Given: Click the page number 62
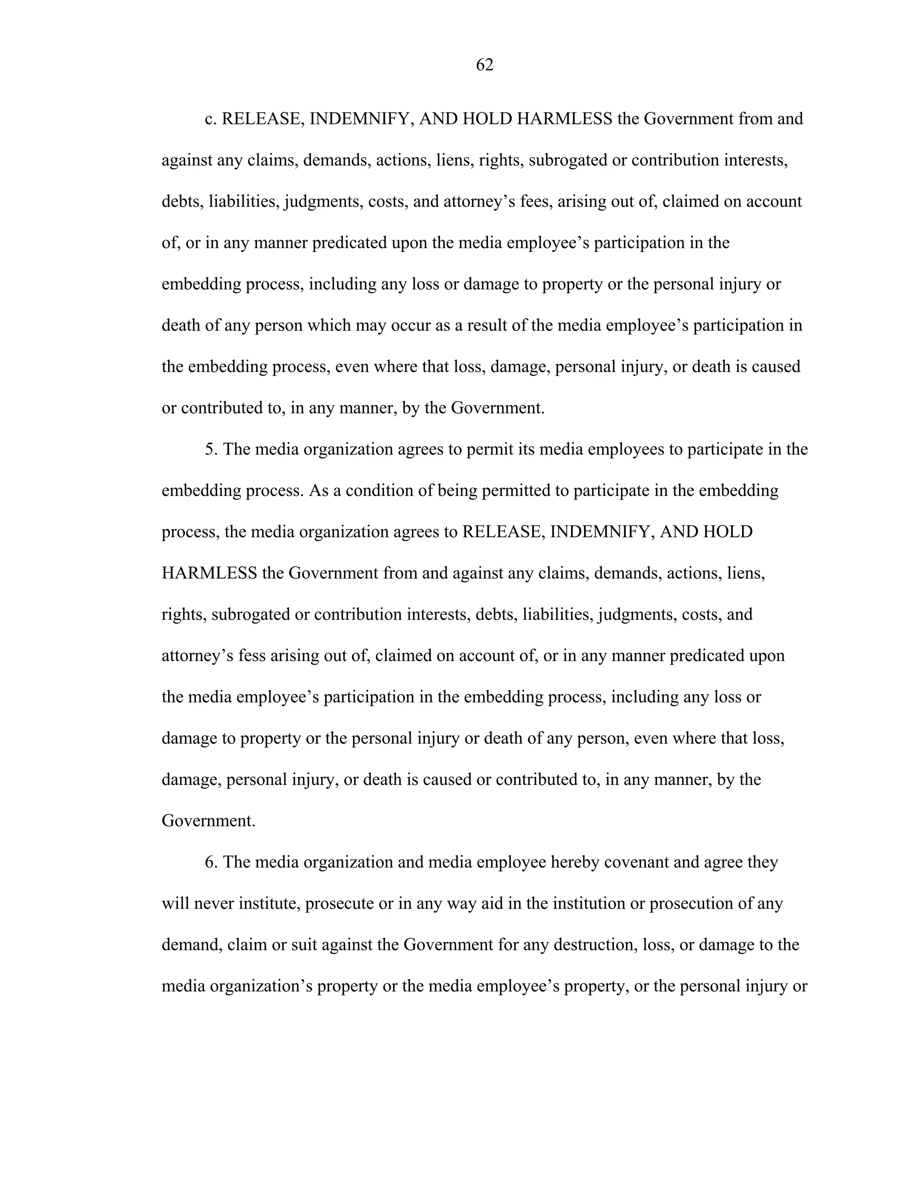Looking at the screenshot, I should click(x=484, y=65).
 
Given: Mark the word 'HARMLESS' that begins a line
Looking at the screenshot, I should click(x=209, y=573).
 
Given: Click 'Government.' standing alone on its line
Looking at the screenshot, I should click(x=208, y=821).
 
